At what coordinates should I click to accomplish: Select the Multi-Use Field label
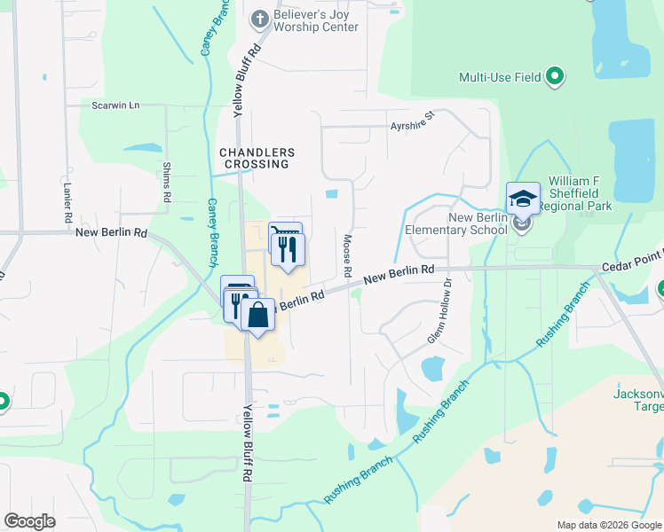click(x=500, y=77)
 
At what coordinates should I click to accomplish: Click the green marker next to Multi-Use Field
click(x=555, y=77)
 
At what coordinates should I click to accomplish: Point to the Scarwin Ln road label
click(x=115, y=105)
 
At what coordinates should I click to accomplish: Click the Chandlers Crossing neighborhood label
click(x=257, y=158)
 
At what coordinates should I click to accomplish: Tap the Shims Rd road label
click(x=166, y=181)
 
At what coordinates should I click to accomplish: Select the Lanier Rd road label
click(x=67, y=202)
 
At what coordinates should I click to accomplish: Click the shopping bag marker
click(x=257, y=316)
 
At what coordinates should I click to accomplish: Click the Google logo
click(x=29, y=521)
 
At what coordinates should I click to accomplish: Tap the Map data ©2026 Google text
click(x=607, y=524)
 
